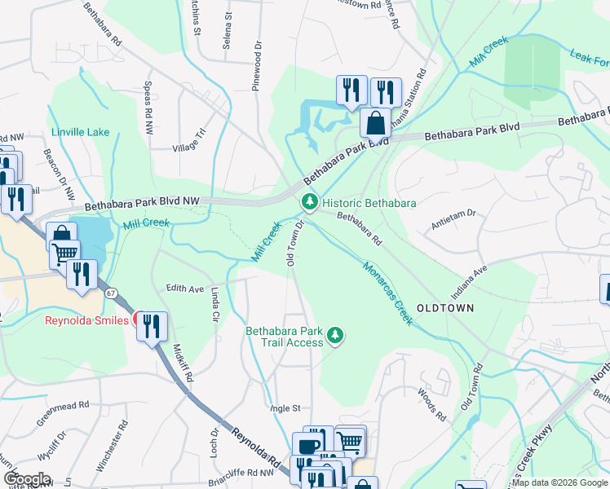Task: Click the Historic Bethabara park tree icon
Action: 310,201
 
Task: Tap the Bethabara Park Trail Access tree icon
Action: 334,335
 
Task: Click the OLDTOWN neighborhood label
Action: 445,308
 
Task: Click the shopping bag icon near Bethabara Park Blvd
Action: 375,125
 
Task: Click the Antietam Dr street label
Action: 453,224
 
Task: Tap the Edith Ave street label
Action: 184,289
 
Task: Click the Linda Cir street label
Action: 215,303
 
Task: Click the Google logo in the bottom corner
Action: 27,479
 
